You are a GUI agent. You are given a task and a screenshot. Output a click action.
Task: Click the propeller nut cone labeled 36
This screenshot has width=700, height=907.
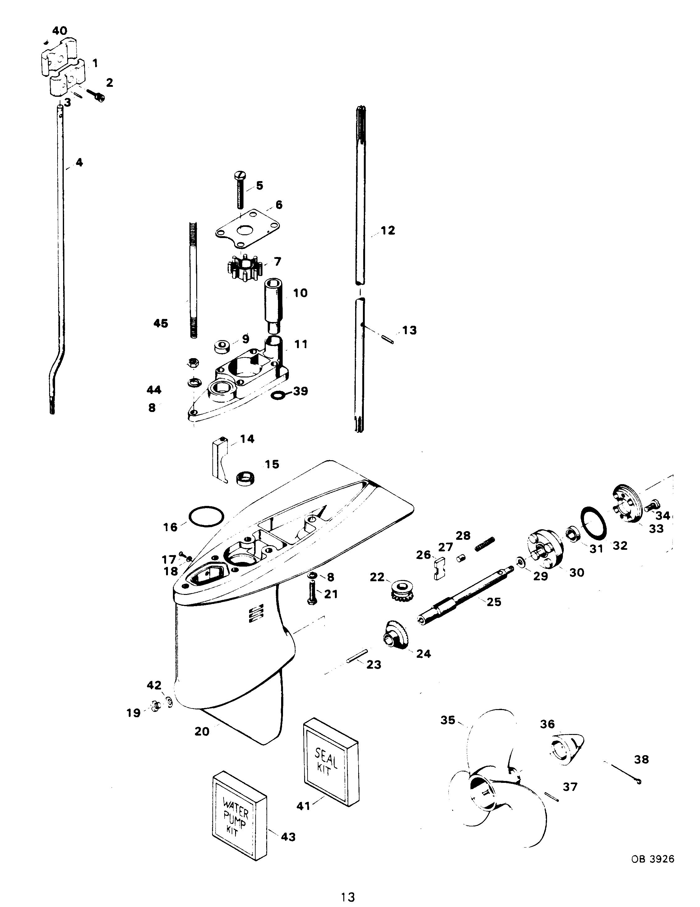point(567,749)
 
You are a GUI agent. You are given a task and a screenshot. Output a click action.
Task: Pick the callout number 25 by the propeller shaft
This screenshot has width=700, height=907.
point(494,602)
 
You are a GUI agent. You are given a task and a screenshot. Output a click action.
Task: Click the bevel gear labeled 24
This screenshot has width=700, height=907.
point(393,634)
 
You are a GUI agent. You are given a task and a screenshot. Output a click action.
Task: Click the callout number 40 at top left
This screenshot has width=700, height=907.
point(59,30)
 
